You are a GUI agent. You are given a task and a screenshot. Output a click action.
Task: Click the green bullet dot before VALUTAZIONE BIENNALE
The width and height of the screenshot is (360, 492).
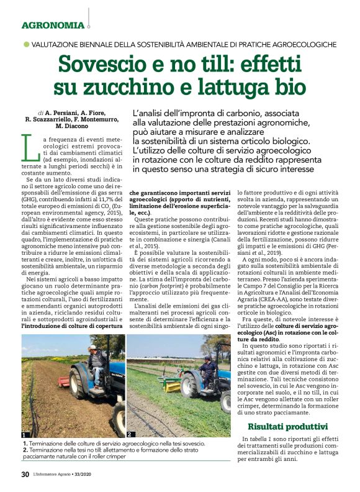(x=26, y=44)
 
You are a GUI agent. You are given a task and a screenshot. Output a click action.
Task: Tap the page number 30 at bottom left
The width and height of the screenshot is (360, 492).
(x=25, y=475)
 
